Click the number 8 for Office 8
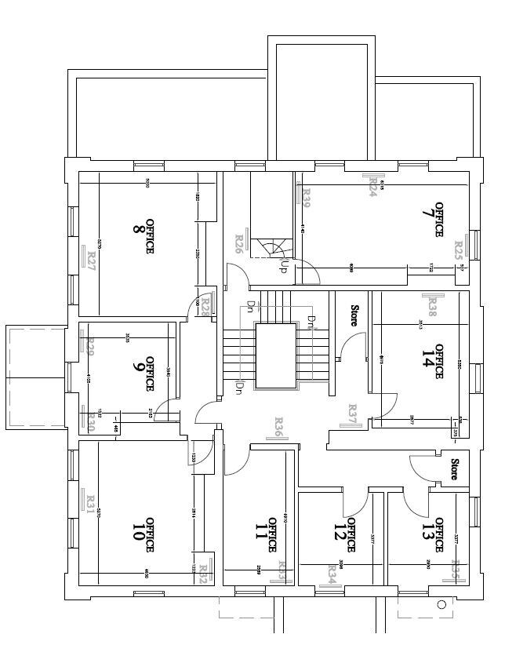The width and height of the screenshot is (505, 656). (x=138, y=230)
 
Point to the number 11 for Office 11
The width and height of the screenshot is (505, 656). (x=261, y=534)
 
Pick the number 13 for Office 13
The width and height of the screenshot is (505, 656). (x=428, y=534)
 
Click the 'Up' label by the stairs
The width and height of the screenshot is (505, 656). (x=282, y=266)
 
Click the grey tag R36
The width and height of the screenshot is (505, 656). (x=278, y=426)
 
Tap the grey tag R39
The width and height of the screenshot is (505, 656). (x=307, y=197)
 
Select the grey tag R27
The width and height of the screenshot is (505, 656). (x=91, y=260)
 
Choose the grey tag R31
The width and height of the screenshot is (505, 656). (x=90, y=501)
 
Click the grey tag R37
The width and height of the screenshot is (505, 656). (x=352, y=413)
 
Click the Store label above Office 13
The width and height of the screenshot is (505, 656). (x=454, y=469)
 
